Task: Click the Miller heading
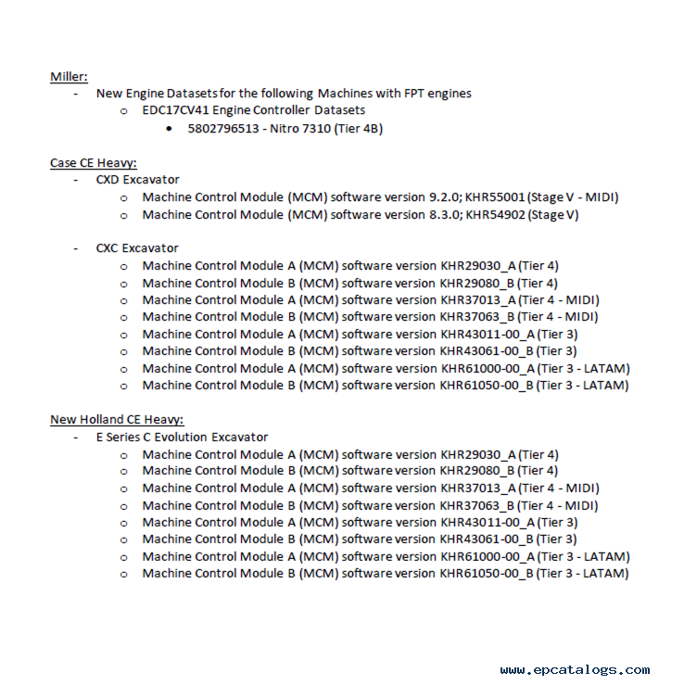tap(69, 76)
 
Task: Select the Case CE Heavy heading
tap(93, 163)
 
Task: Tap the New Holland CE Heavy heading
tap(117, 420)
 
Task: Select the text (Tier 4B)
tap(359, 128)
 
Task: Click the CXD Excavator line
tap(137, 180)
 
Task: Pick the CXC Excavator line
tap(137, 248)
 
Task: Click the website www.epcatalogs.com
tap(574, 670)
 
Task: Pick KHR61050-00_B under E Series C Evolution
tap(487, 574)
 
